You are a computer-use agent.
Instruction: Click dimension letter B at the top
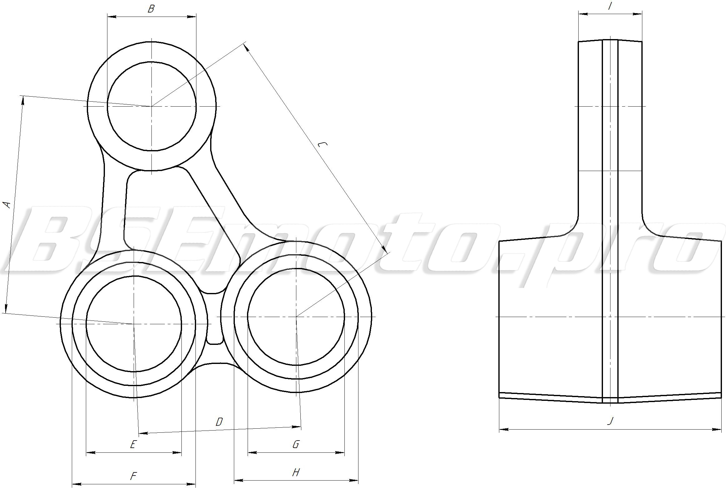pyautogui.click(x=151, y=9)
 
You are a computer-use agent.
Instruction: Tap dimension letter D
pyautogui.click(x=219, y=422)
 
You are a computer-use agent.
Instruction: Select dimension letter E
pyautogui.click(x=133, y=444)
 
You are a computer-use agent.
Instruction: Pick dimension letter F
pyautogui.click(x=133, y=476)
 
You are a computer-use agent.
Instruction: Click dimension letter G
pyautogui.click(x=296, y=444)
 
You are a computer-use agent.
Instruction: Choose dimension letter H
pyautogui.click(x=296, y=472)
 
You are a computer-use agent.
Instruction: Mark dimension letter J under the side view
pyautogui.click(x=610, y=421)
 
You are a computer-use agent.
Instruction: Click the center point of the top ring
pyautogui.click(x=151, y=106)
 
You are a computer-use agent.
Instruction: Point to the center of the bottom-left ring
pyautogui.click(x=134, y=324)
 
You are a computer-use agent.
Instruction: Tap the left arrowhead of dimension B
pyautogui.click(x=111, y=17)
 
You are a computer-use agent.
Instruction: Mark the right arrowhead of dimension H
pyautogui.click(x=355, y=480)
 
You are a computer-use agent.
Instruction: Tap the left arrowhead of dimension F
pyautogui.click(x=76, y=484)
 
